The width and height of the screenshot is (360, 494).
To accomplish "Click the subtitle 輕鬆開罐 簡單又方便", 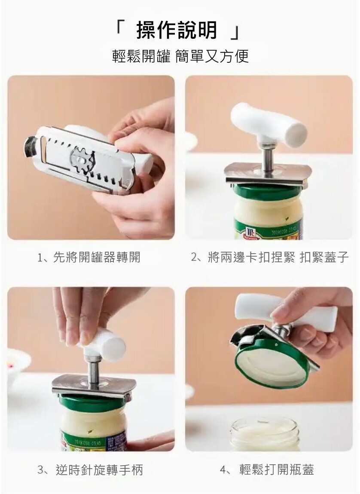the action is tap(180, 56).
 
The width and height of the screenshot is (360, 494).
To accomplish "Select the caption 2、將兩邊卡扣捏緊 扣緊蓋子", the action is tap(270, 258).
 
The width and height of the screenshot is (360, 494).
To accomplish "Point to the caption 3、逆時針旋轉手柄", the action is tap(90, 470).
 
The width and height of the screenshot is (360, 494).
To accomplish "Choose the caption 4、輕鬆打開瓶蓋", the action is tap(267, 470).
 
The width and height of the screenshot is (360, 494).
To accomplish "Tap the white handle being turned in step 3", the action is tap(104, 341).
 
